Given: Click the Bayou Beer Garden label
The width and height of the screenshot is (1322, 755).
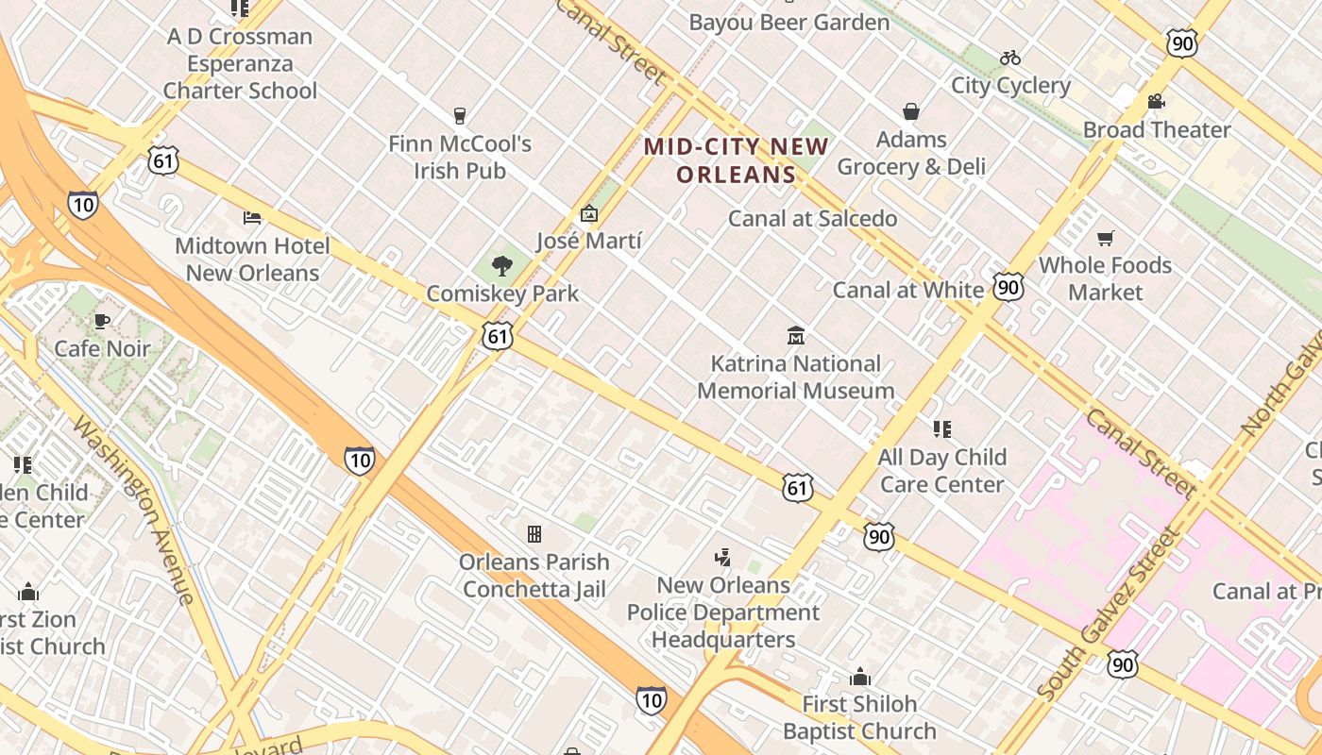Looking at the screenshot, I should coord(788,23).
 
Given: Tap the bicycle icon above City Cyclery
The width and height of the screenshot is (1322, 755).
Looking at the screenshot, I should coord(1010,58).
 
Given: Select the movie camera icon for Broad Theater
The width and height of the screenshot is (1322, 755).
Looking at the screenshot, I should coord(1157,101).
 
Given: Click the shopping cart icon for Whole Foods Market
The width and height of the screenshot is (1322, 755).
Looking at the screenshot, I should coord(1105,238).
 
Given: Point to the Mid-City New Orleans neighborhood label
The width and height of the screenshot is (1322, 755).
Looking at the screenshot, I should coord(736,160).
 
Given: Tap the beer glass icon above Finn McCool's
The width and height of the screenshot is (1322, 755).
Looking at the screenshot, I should coord(460,116).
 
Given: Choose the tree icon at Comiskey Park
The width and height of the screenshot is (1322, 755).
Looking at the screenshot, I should coord(502,266).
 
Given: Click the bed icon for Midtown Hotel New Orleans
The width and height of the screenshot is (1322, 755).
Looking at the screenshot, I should coord(252,218).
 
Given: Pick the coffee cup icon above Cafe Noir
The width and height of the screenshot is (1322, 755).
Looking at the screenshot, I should coord(102,321).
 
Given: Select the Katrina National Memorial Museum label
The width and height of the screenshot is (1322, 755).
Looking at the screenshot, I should coord(795,377).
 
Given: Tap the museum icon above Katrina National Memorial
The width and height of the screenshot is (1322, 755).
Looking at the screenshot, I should coord(796,336).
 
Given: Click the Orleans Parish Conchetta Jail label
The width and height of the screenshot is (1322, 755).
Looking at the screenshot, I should coord(534,576).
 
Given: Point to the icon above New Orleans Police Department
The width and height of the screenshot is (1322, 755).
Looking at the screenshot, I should coord(722,558).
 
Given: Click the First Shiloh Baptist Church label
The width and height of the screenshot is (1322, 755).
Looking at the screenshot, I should coord(859,717).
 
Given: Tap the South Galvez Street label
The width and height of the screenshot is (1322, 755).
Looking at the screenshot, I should coord(1109,614).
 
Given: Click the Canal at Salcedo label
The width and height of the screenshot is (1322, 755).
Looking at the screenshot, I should coord(812,219).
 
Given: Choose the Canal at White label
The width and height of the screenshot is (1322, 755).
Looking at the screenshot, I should coord(907,290).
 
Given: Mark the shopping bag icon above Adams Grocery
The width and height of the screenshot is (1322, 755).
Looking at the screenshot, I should coord(911,112).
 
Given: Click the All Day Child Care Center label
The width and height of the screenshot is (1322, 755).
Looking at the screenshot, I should coord(941,470).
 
